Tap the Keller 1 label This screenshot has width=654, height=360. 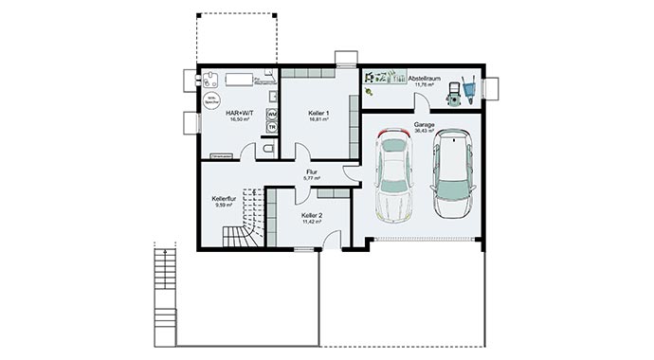pos(318,113)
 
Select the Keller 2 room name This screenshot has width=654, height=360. pos(313,216)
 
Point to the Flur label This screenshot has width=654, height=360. pos(312,171)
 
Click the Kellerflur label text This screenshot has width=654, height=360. pos(224,199)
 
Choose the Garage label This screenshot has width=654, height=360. pos(424,124)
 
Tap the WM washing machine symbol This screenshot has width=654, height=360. pos(272,114)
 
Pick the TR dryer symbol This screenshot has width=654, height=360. pos(272,127)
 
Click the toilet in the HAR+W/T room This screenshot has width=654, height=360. pos(269,149)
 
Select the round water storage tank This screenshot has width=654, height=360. pos(211,100)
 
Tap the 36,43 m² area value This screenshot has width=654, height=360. pos(424,132)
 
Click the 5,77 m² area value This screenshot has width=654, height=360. pos(312,178)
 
